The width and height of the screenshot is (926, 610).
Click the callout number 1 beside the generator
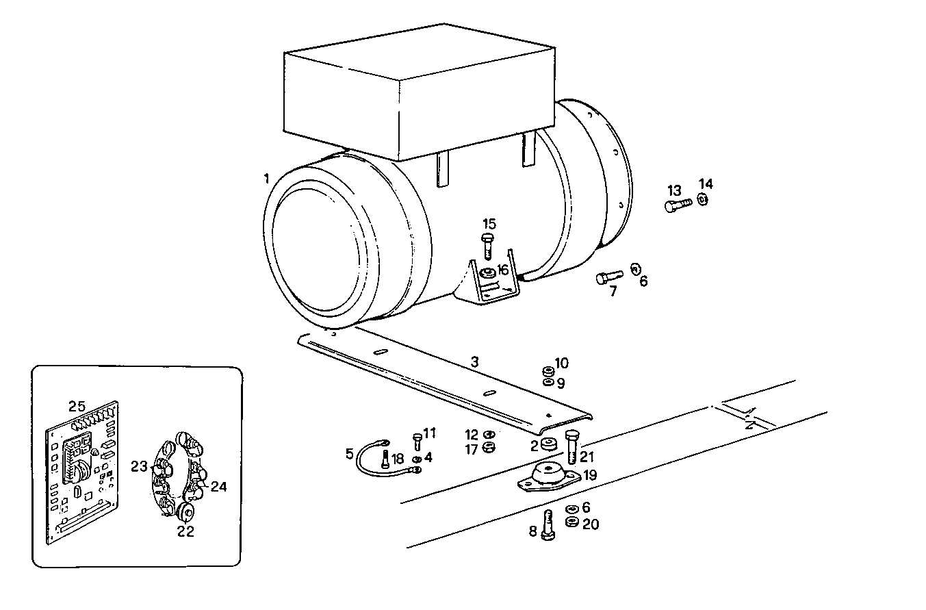(266, 179)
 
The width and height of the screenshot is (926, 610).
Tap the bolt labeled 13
(678, 205)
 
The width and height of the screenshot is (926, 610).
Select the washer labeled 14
(703, 199)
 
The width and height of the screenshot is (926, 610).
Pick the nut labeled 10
(548, 370)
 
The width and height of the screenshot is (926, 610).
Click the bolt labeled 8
(548, 525)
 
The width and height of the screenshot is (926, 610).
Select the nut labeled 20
(572, 523)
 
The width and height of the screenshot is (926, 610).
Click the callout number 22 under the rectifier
(185, 531)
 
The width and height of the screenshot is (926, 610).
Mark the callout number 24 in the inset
(218, 487)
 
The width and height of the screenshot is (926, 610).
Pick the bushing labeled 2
(548, 444)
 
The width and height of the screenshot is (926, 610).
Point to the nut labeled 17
(488, 448)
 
